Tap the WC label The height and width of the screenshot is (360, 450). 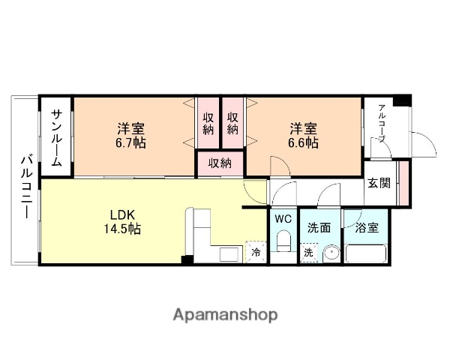(283, 219)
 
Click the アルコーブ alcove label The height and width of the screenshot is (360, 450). (381, 124)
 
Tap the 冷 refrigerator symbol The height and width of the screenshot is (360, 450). (255, 253)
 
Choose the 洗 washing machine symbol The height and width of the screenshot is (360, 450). (308, 253)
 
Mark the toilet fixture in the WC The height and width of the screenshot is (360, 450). (283, 242)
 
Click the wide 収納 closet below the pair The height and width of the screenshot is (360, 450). (220, 163)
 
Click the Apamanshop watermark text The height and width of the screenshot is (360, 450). (226, 313)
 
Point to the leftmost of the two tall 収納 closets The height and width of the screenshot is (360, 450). (208, 123)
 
